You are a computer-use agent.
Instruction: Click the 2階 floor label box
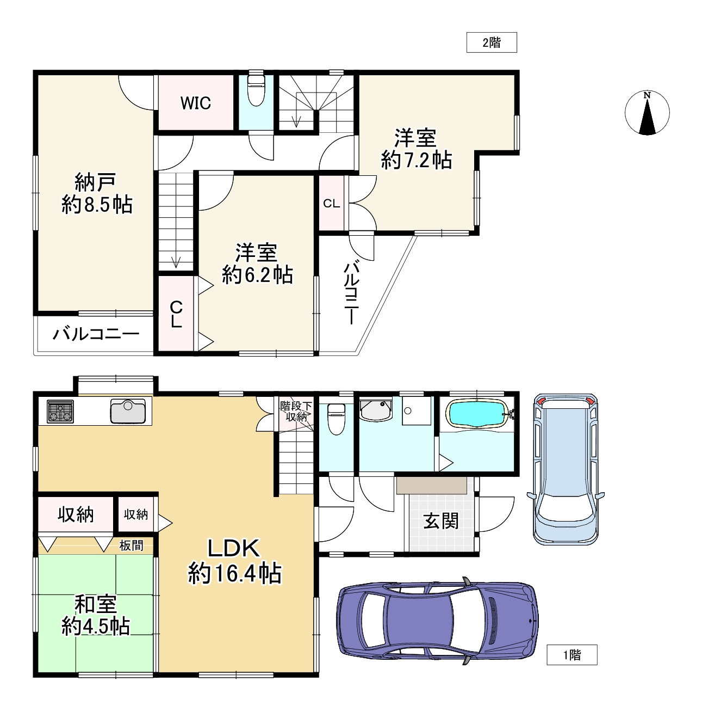point(492,42)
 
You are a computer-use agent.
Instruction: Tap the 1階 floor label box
point(572,655)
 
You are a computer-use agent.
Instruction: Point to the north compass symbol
point(647,113)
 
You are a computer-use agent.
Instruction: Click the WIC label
point(196,103)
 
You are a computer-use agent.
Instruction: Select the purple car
point(437,621)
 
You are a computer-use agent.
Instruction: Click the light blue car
point(566,469)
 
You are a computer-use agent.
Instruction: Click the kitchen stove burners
point(60,411)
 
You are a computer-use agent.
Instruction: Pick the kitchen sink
point(128,411)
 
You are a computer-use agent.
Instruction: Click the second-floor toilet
point(256,90)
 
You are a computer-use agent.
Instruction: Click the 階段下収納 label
point(296,412)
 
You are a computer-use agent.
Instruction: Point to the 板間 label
point(131,545)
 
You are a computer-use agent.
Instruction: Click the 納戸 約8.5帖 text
point(97,193)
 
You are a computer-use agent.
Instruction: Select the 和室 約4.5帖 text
point(96,615)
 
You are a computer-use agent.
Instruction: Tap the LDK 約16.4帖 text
point(234,561)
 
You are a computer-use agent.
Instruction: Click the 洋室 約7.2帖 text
point(417,149)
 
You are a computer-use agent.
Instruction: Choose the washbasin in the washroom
point(375,409)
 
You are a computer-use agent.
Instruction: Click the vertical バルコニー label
point(352,293)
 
